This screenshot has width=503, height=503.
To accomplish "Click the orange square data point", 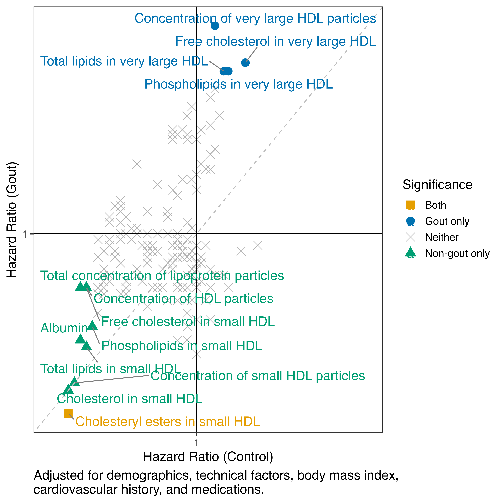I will coord(68,413).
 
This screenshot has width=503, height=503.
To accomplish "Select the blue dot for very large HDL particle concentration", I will coord(215,26).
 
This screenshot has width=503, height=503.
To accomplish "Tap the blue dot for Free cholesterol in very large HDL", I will coord(245,62).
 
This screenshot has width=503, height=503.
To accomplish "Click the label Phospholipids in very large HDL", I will coord(239,84).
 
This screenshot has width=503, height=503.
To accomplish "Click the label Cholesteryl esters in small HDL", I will coord(168,422).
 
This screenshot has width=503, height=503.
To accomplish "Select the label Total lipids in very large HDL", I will coord(124,61).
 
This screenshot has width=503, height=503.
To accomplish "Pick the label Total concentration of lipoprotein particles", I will coord(162,276).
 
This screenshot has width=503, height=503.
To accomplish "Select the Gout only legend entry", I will coord(447,221).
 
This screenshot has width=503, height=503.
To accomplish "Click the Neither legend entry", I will coord(442,237).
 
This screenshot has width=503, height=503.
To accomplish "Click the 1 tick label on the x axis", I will coord(196,442).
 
